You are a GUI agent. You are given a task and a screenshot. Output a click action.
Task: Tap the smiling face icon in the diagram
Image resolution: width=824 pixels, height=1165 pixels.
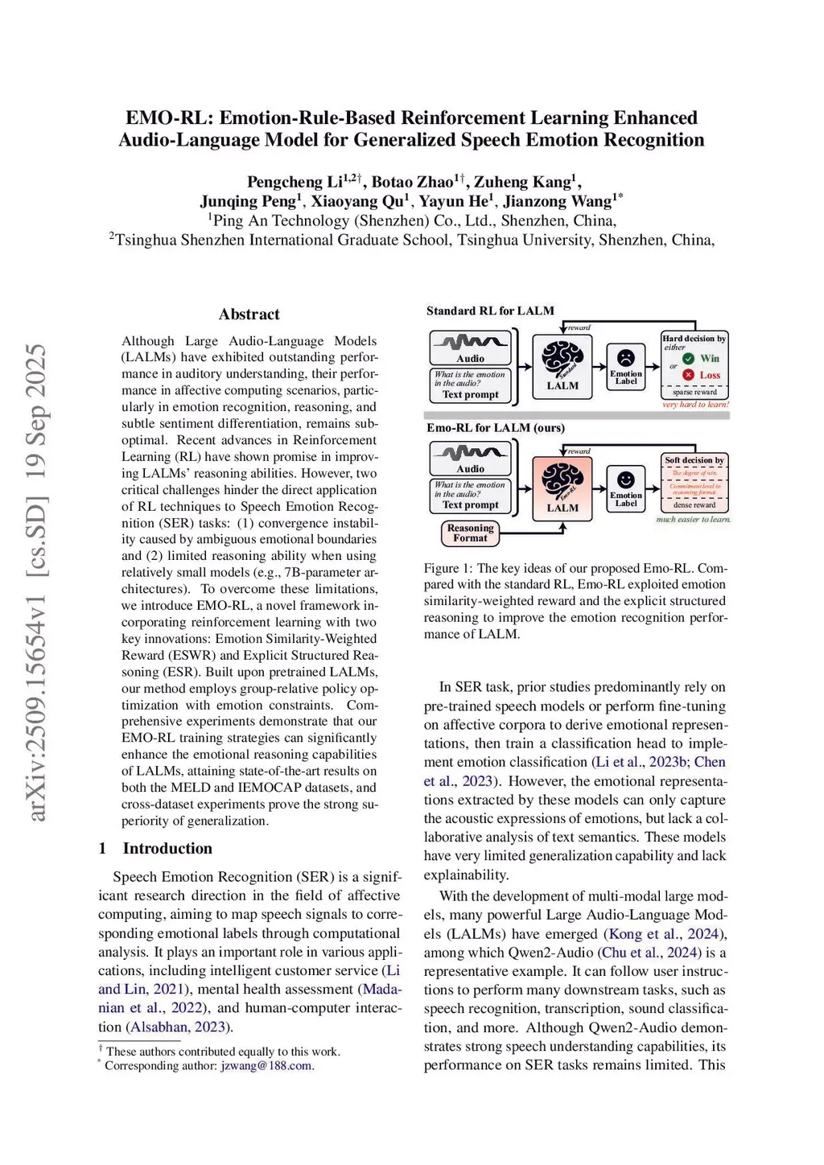625,480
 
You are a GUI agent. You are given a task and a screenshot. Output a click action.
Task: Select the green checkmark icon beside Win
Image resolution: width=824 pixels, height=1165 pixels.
689,359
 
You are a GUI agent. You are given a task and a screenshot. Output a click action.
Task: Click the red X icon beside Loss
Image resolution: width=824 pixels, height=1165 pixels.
688,375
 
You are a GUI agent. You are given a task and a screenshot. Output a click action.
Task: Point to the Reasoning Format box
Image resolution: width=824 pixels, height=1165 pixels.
470,533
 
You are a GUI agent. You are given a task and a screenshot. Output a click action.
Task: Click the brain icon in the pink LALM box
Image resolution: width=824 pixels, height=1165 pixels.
562,480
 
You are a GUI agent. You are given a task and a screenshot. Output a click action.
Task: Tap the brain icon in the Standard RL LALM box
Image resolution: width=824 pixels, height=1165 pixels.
562,358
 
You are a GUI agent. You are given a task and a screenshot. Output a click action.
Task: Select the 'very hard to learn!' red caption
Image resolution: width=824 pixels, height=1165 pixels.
695,405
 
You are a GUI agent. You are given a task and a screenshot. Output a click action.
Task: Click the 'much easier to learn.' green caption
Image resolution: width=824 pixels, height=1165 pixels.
693,520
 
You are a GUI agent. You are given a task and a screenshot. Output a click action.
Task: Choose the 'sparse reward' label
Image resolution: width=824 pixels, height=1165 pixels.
694,393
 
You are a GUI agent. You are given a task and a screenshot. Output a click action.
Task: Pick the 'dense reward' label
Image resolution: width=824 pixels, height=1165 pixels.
694,505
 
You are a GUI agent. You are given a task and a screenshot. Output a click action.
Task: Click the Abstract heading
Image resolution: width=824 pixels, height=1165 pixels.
249,315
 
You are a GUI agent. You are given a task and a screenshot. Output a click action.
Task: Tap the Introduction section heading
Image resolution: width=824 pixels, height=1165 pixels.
167,848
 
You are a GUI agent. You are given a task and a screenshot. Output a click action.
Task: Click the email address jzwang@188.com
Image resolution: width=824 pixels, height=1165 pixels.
266,1066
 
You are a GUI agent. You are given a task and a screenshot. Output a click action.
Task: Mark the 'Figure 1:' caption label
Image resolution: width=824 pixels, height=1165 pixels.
448,568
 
